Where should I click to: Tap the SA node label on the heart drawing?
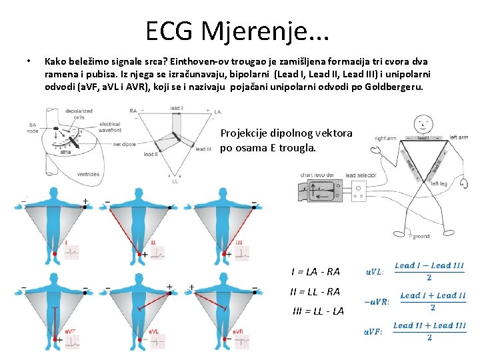[x=33, y=127]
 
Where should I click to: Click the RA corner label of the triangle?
[x=133, y=111]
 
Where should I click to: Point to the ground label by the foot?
[x=421, y=236]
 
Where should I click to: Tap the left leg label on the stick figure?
[x=439, y=183]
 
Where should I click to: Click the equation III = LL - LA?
[x=317, y=311]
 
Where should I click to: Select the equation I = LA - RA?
[x=315, y=271]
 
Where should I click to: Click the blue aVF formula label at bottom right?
[x=373, y=332]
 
